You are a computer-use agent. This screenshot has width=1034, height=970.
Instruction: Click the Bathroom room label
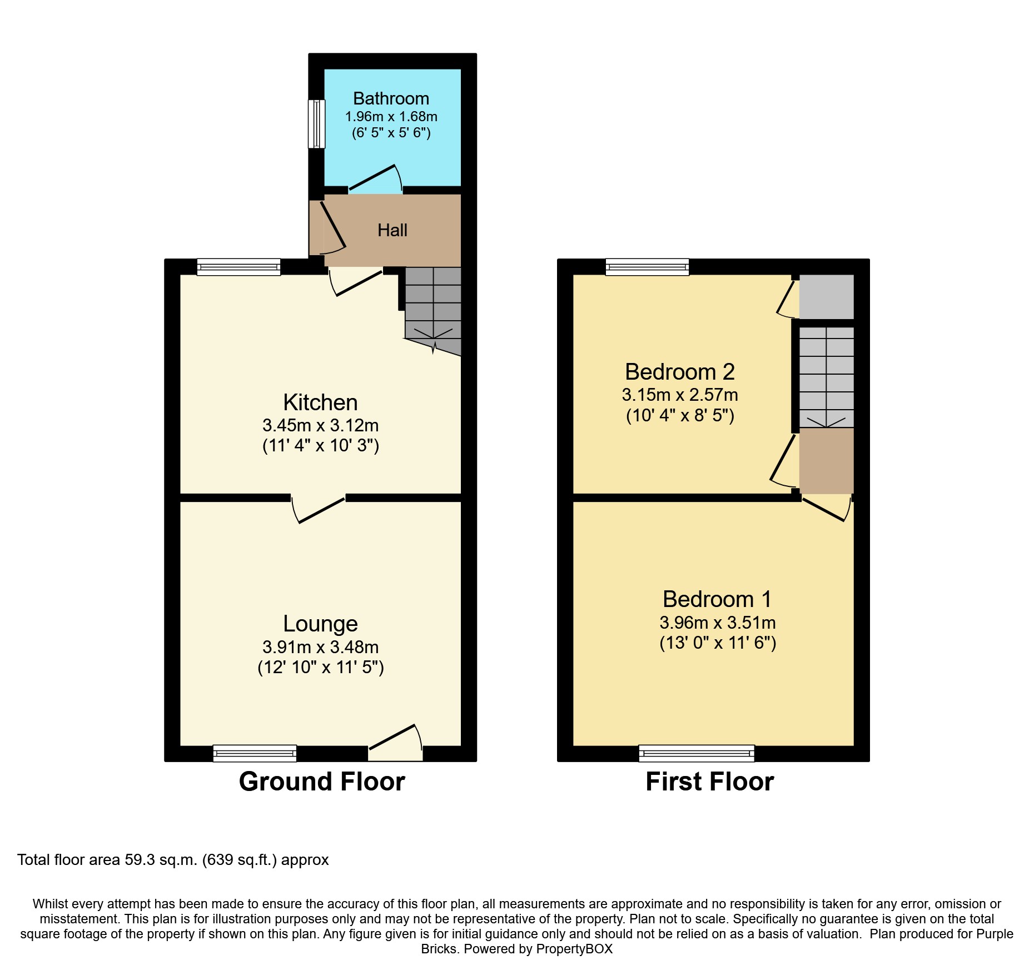(x=391, y=98)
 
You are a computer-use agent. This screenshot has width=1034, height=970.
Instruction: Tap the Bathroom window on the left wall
(x=317, y=124)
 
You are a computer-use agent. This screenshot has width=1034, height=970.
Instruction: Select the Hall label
(x=392, y=230)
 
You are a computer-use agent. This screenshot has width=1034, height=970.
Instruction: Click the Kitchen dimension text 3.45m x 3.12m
(x=320, y=425)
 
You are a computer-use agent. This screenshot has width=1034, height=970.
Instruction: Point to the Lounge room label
(x=320, y=624)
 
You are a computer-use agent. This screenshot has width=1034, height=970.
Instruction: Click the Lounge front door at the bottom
(x=395, y=743)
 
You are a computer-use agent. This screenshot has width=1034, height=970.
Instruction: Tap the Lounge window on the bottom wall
(x=255, y=753)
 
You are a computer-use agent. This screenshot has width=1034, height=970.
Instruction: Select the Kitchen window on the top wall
(x=238, y=267)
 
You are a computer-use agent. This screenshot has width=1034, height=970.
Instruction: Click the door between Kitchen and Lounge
(x=318, y=509)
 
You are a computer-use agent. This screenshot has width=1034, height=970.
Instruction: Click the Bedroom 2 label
(x=680, y=371)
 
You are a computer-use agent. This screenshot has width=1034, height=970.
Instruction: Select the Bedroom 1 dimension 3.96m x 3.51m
(x=718, y=623)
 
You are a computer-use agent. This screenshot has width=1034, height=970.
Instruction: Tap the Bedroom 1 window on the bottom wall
(x=697, y=753)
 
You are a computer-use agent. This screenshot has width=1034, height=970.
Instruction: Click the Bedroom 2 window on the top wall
(x=647, y=267)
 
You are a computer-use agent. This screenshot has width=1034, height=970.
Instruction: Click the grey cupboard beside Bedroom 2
(x=826, y=297)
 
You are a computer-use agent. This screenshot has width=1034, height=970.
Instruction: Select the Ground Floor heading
(x=322, y=782)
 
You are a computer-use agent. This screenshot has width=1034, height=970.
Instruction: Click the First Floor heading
(x=710, y=782)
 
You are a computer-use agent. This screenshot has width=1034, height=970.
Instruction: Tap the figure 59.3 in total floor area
(x=138, y=860)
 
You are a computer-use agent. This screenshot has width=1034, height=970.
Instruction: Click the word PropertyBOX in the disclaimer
(x=574, y=949)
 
